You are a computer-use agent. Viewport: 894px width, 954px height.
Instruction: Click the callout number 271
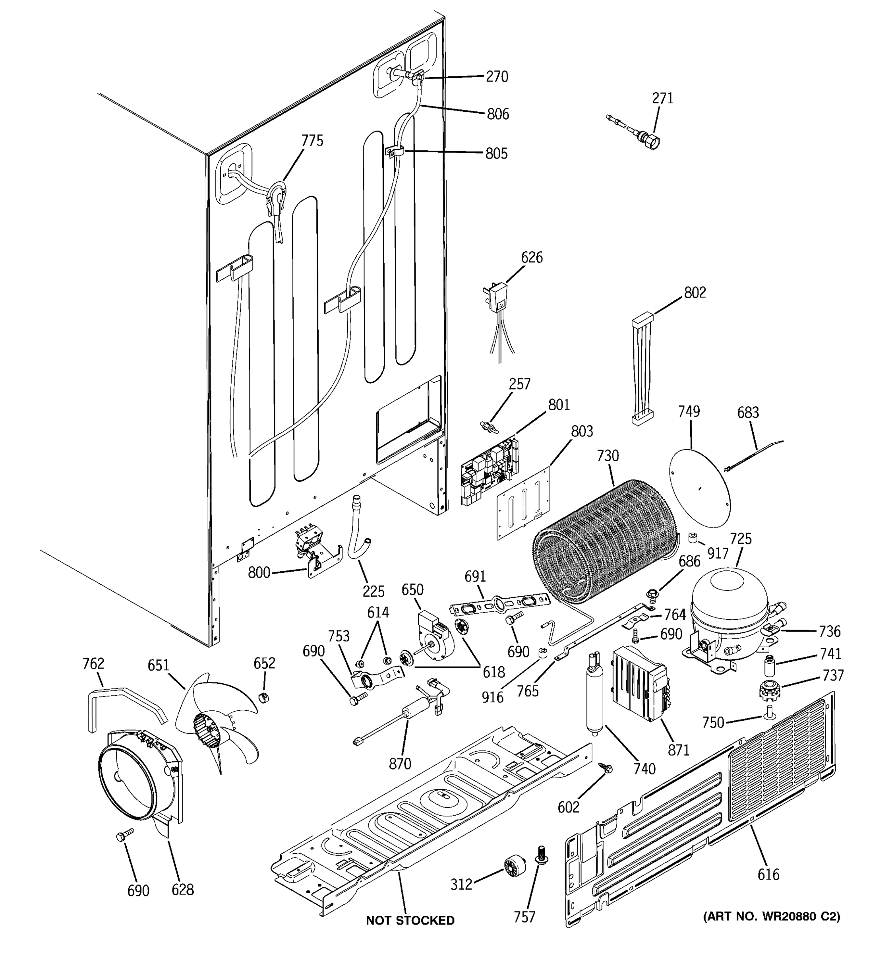[x=662, y=98]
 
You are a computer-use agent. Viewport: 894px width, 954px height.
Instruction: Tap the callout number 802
[x=695, y=292]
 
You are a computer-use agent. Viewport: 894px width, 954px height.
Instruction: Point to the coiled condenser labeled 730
[x=607, y=540]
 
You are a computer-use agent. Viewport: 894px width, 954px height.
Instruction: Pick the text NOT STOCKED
[x=410, y=920]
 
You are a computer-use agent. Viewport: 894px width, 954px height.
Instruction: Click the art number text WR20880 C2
[x=771, y=917]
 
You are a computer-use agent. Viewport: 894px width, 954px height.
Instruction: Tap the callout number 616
[x=768, y=875]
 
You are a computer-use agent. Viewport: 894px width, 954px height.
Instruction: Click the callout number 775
[x=312, y=141]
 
